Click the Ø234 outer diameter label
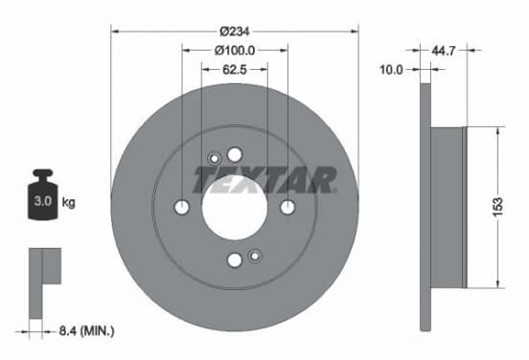[235, 32]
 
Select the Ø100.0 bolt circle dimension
[235, 51]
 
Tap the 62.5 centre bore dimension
[235, 70]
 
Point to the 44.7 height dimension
[444, 51]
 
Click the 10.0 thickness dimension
[391, 70]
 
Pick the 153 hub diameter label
[498, 206]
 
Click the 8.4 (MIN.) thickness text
[86, 331]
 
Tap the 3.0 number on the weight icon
[43, 201]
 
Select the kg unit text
[68, 202]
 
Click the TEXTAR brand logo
[264, 180]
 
